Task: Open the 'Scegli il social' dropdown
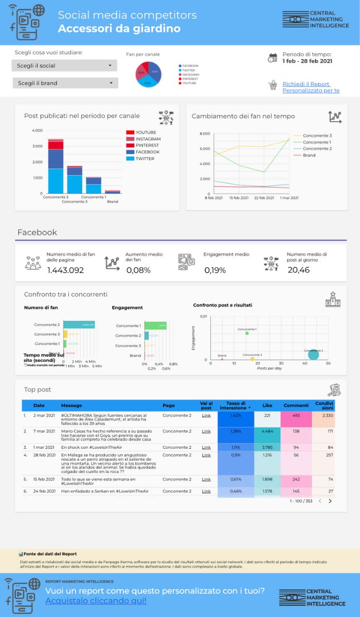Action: [64, 65]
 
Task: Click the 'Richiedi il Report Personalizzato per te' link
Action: [311, 87]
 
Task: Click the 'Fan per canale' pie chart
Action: [149, 75]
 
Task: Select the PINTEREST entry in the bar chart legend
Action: [148, 146]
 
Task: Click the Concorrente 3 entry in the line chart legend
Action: [317, 136]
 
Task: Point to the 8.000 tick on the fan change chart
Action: [204, 134]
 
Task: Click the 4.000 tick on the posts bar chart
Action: [37, 131]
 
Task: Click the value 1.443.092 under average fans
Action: [65, 270]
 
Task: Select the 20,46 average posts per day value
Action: [298, 269]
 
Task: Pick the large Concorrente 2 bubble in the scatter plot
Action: [313, 354]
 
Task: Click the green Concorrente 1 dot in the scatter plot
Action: [247, 333]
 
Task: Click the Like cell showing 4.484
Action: [267, 431]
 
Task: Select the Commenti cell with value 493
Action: [296, 415]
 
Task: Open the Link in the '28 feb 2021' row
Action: [206, 455]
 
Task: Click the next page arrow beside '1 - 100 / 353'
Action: [330, 501]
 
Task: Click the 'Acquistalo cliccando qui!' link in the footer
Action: [96, 601]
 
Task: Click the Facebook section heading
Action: [37, 232]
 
